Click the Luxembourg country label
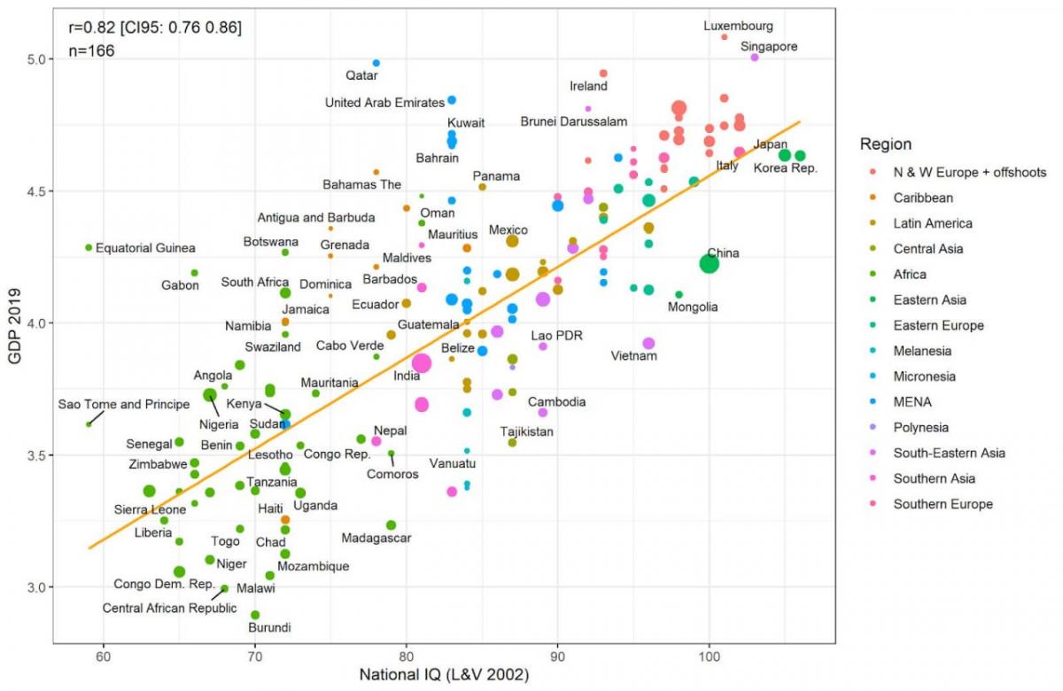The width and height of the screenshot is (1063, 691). pyautogui.click(x=738, y=26)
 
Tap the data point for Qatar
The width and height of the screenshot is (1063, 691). pyautogui.click(x=376, y=63)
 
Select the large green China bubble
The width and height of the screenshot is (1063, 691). pyautogui.click(x=709, y=263)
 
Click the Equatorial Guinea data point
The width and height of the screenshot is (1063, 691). pyautogui.click(x=89, y=247)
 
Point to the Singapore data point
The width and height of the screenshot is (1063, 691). pyautogui.click(x=755, y=57)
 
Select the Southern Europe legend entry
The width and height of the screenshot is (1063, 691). pyautogui.click(x=943, y=504)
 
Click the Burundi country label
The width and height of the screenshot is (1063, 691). pyautogui.click(x=269, y=627)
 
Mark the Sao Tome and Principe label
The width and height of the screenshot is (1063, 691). pyautogui.click(x=124, y=405)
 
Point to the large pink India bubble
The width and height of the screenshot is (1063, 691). pyautogui.click(x=422, y=362)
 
